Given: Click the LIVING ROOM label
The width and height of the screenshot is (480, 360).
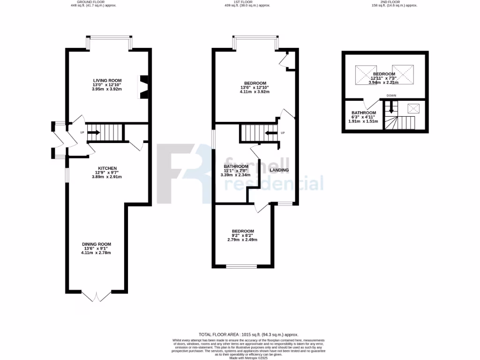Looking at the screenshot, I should pyautogui.click(x=107, y=81).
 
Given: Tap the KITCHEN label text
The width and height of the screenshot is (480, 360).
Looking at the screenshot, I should pyautogui.click(x=107, y=168).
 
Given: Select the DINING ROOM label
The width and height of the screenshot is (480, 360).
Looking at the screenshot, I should pyautogui.click(x=97, y=244).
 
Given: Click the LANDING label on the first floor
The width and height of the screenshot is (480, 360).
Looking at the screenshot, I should pyautogui.click(x=279, y=170).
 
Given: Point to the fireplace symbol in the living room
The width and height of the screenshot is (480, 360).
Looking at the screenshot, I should pyautogui.click(x=143, y=87).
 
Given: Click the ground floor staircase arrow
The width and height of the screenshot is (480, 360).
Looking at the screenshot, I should pyautogui.click(x=93, y=132).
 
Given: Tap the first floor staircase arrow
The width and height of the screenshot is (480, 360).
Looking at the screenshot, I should pyautogui.click(x=270, y=133).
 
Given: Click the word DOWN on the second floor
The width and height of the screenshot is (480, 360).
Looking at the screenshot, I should pyautogui.click(x=391, y=96).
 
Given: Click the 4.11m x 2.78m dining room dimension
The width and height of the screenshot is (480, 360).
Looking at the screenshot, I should pyautogui.click(x=96, y=253).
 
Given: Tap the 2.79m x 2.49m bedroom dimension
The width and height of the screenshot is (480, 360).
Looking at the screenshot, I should pyautogui.click(x=242, y=240).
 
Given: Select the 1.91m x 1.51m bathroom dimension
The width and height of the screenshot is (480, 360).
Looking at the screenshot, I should pyautogui.click(x=363, y=121).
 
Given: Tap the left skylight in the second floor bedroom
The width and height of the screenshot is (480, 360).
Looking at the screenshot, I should pyautogui.click(x=364, y=75).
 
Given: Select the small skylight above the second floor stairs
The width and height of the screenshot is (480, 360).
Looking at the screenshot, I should pyautogui.click(x=413, y=109).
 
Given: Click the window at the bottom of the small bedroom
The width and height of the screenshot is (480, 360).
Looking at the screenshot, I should pyautogui.click(x=241, y=267).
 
